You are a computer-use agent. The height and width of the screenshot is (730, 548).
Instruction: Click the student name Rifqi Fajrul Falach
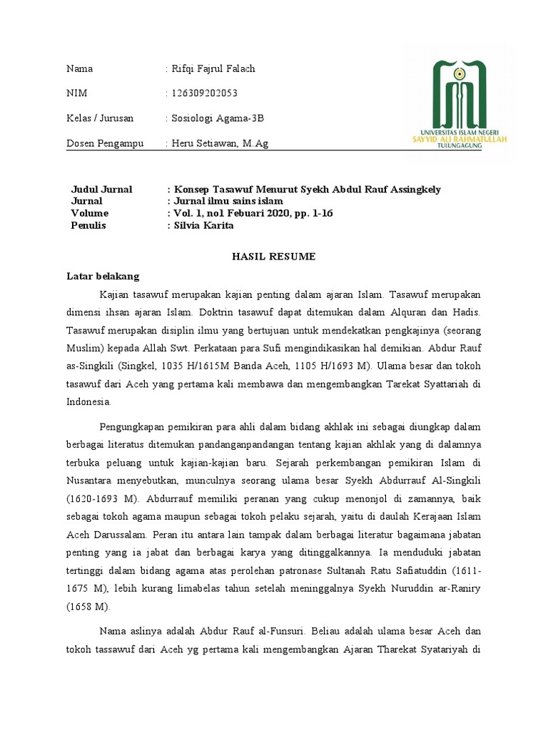(213, 69)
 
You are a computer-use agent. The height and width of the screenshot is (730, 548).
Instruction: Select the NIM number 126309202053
(204, 93)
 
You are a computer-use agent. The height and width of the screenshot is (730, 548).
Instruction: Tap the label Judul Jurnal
(102, 190)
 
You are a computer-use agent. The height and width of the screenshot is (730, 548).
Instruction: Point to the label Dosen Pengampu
(105, 143)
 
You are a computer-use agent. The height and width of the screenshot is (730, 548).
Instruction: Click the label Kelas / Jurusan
(100, 118)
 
